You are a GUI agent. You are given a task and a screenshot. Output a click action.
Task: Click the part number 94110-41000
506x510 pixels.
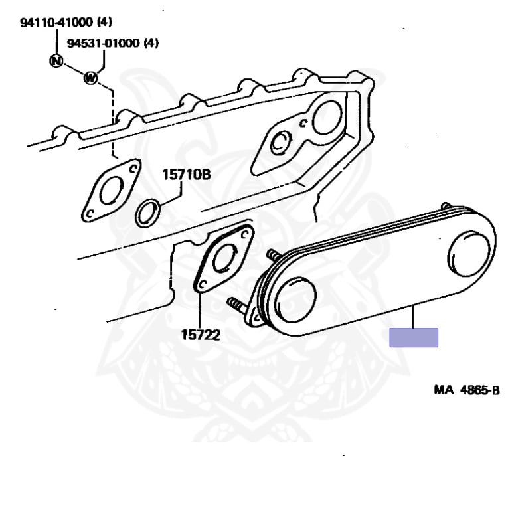tap(56, 23)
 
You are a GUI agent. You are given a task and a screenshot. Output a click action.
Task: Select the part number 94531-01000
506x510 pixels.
tap(103, 43)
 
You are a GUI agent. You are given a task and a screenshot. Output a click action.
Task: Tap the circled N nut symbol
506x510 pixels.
tap(56, 61)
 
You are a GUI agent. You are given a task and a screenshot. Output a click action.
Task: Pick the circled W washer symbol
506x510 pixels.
tap(91, 78)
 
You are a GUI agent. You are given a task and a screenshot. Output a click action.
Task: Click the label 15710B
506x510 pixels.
tap(187, 175)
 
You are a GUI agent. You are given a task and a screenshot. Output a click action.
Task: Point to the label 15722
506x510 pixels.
tap(201, 335)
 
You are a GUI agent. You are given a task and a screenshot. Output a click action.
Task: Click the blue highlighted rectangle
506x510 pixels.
tap(414, 337)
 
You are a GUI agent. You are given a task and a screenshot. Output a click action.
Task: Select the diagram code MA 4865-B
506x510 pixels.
tap(467, 390)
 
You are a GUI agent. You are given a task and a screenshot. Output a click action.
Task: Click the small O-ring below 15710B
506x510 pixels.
tap(147, 213)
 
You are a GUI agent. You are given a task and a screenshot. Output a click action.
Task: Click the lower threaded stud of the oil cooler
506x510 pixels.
tap(237, 305)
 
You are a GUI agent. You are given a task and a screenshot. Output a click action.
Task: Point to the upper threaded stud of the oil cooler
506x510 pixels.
tap(274, 255)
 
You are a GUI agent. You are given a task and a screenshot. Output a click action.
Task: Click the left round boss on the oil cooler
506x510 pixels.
tap(295, 301)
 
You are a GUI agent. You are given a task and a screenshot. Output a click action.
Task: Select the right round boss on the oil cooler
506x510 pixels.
tap(469, 254)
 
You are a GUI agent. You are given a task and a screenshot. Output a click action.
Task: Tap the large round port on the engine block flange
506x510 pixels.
tap(327, 118)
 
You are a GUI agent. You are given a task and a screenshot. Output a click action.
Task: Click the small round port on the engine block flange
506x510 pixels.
tap(281, 143)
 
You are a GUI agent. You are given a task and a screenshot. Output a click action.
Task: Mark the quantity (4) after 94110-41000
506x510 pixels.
tap(105, 23)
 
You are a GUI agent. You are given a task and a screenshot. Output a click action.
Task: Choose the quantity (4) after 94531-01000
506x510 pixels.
tap(151, 43)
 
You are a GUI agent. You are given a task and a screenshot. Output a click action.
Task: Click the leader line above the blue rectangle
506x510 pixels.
tap(412, 317)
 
